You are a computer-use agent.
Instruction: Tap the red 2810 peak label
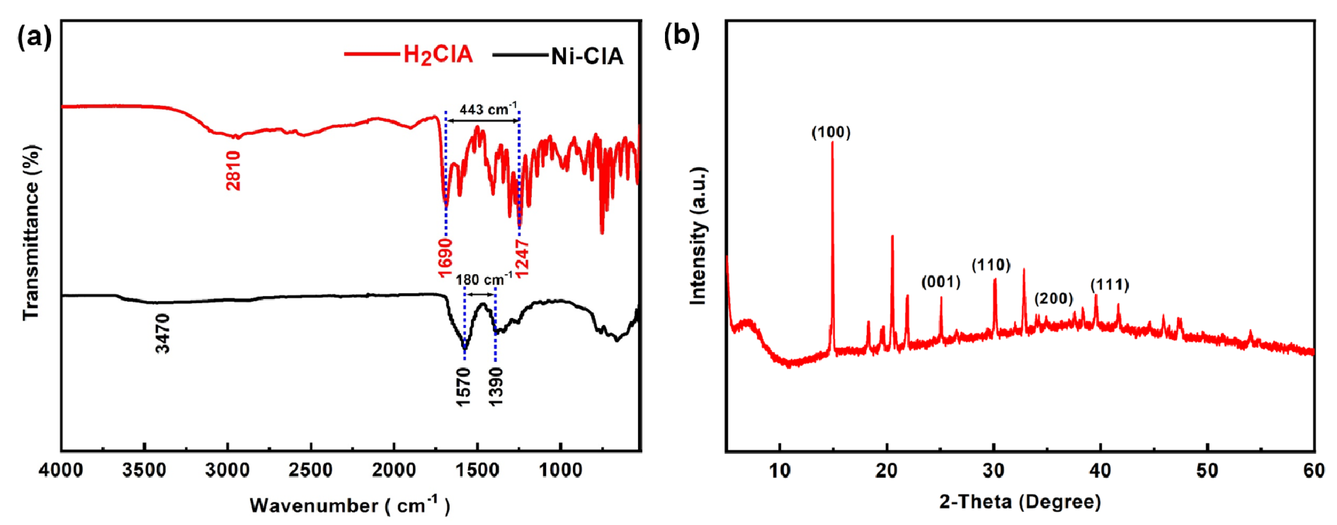pyautogui.click(x=234, y=171)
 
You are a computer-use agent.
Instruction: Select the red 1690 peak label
pyautogui.click(x=446, y=258)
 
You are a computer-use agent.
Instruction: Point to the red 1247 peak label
pyautogui.click(x=521, y=258)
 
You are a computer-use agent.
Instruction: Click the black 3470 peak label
pyautogui.click(x=162, y=333)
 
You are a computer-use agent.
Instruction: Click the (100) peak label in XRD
pyautogui.click(x=831, y=133)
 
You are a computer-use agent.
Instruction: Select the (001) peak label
pyautogui.click(x=941, y=282)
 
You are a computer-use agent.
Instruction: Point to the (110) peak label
pyautogui.click(x=991, y=266)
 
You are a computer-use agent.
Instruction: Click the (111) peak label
pyautogui.click(x=1110, y=285)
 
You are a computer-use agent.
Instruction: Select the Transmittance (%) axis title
pyautogui.click(x=31, y=233)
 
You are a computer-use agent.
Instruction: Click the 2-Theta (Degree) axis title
pyautogui.click(x=1020, y=502)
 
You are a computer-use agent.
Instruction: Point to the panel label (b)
pyautogui.click(x=681, y=36)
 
